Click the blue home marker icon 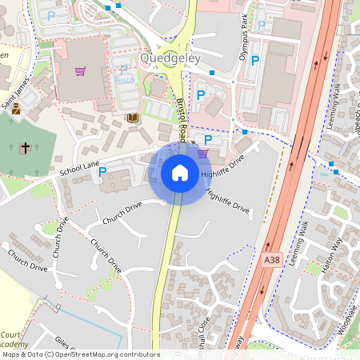(x=180, y=172)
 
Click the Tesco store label (x=124, y=80)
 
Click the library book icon (x=133, y=118)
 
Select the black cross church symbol (x=25, y=148)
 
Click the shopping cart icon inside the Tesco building (x=80, y=70)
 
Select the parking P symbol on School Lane (x=102, y=172)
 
